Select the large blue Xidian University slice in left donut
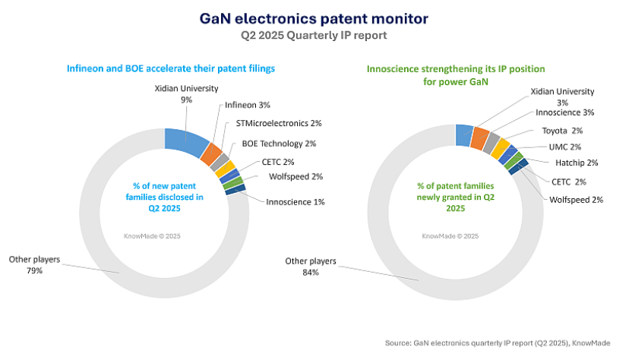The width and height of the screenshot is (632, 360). click(x=185, y=141)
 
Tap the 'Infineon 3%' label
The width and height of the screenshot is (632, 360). click(x=248, y=105)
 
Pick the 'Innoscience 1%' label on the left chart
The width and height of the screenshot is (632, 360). click(x=295, y=201)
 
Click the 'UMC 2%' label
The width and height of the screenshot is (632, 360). click(x=565, y=147)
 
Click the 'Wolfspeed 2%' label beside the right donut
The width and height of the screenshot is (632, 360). click(x=577, y=200)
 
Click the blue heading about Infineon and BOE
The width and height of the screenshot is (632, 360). click(x=170, y=68)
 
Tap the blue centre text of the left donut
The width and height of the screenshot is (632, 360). click(x=164, y=197)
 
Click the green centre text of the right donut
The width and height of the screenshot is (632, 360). click(x=455, y=196)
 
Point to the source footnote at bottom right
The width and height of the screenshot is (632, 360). click(x=502, y=343)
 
